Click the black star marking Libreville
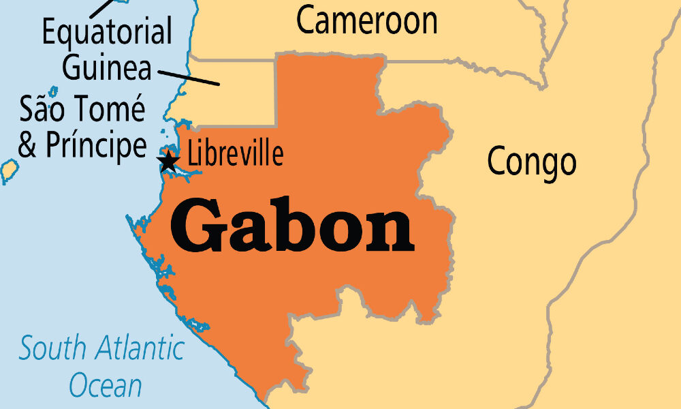point(168,162)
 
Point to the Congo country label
point(532,162)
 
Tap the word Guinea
point(108,67)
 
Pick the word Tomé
point(110,110)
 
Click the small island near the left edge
point(9,170)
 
